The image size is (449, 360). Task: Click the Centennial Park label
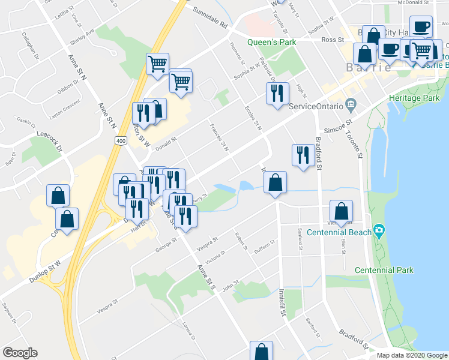click(384, 270)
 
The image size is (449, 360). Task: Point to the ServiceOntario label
click(316, 107)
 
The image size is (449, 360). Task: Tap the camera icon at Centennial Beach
click(379, 231)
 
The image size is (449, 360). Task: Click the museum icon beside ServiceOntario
click(351, 107)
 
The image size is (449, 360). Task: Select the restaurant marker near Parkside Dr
click(277, 93)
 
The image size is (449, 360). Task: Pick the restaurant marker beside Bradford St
click(303, 155)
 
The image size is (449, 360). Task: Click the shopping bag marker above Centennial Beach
click(341, 211)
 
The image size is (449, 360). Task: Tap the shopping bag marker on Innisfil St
click(275, 182)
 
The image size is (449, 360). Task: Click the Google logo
click(20, 353)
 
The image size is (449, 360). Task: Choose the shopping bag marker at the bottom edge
click(262, 352)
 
